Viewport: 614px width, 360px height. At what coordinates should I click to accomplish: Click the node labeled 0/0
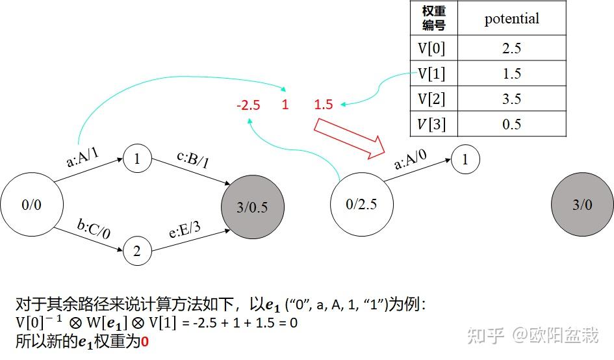point(31,205)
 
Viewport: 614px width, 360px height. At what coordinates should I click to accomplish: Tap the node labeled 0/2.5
point(361,204)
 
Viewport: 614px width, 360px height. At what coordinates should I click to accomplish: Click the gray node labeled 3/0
point(582,205)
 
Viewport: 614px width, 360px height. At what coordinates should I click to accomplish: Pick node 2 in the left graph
point(136,251)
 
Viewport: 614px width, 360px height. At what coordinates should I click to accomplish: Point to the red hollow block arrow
point(348,138)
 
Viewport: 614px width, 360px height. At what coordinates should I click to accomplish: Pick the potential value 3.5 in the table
point(511,99)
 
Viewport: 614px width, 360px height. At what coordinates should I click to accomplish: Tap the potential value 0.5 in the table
point(511,124)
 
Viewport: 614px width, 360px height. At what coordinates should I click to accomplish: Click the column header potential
point(511,18)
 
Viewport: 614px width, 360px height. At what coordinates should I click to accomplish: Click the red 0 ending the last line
point(146,340)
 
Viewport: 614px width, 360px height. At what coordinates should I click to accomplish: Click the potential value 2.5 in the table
point(511,48)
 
